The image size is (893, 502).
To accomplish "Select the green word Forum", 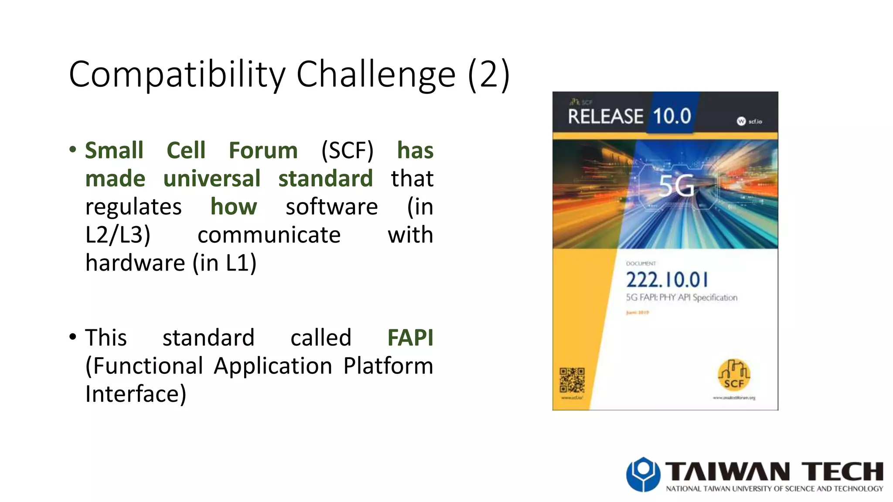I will point(263,151).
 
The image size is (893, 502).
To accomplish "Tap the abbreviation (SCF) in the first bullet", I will point(348,151).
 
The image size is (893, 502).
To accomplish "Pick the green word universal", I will point(212,179).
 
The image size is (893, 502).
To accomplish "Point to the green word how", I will point(234,207).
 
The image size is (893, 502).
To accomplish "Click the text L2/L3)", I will point(118,235).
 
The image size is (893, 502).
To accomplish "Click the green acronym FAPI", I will point(410,338).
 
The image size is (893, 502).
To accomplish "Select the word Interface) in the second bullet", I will point(136,394).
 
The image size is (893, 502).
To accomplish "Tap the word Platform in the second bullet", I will point(388,366).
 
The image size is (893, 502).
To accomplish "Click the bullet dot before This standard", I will point(73,337).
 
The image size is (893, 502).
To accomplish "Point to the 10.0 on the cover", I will point(671,116).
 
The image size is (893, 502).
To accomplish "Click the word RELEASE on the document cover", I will point(605,117).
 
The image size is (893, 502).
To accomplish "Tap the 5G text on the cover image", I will point(676,186).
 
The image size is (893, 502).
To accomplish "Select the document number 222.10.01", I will point(667,280).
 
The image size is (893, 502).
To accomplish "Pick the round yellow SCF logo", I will point(734,375).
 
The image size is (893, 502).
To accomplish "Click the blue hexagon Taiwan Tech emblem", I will point(643,474).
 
